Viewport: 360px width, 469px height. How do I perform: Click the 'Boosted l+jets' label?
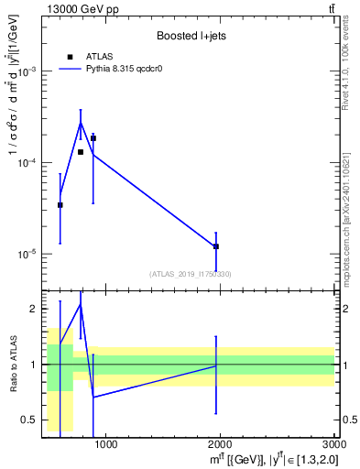[191, 37]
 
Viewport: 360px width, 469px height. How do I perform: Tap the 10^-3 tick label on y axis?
[29, 71]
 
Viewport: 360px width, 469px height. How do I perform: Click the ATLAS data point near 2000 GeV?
[216, 246]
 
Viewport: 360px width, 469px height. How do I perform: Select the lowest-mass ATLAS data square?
[60, 205]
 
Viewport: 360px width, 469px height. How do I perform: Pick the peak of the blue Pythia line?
[81, 122]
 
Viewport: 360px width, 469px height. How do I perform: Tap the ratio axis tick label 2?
[34, 310]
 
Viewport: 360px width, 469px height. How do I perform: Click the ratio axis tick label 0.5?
[30, 420]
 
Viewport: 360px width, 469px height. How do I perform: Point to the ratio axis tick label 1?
[34, 365]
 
